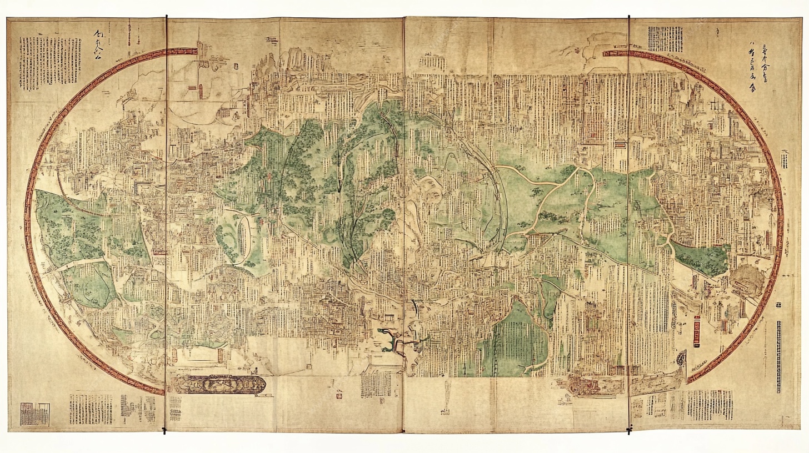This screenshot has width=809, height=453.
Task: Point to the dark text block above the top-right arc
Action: [x=665, y=39]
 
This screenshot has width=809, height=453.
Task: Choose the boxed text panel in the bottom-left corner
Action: [x=34, y=414]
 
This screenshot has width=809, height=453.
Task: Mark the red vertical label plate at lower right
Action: [x=697, y=331]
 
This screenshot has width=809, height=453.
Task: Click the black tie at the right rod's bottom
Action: [x=629, y=429]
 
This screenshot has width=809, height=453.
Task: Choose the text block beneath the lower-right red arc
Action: [x=709, y=404]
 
